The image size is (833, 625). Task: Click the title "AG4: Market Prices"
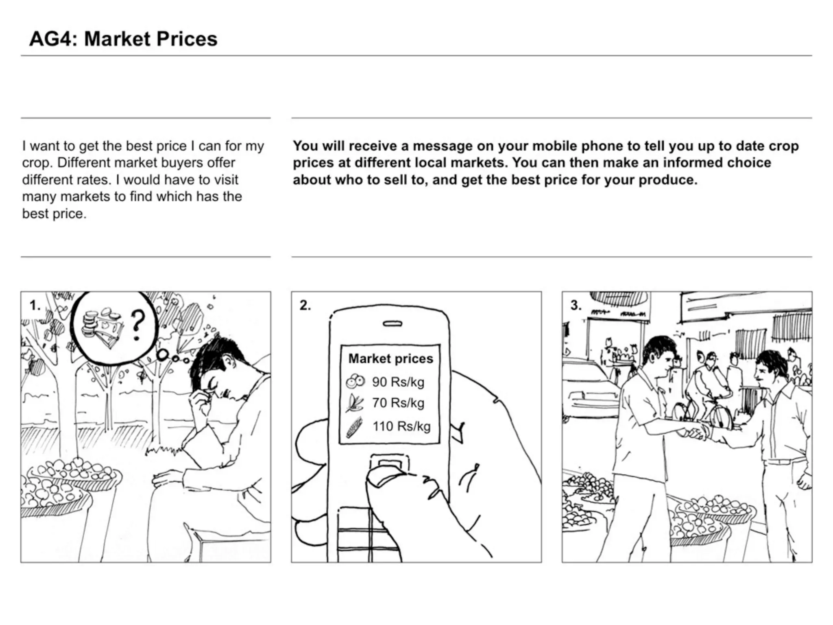[x=123, y=39]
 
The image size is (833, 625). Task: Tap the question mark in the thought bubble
[x=138, y=326]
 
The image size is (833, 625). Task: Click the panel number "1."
[x=35, y=305]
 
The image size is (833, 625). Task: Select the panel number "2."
[x=305, y=305]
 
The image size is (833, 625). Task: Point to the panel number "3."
[x=576, y=305]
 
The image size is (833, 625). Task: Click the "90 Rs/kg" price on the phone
[x=398, y=382]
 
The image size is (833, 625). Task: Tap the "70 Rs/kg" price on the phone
[x=398, y=403]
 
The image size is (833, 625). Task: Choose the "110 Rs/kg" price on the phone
[x=401, y=426]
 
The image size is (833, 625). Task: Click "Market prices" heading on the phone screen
[x=391, y=358]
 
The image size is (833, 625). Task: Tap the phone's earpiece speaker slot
[x=393, y=323]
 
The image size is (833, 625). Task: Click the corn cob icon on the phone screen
[x=354, y=427]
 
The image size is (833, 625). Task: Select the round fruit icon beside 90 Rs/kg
[x=355, y=381]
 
